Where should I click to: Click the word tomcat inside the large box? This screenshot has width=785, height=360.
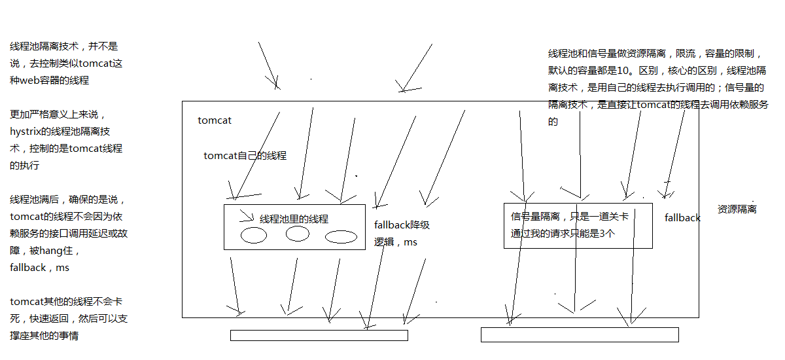coord(215,120)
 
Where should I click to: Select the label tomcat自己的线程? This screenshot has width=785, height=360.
coord(245,156)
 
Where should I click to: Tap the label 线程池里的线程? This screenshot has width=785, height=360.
coord(294,219)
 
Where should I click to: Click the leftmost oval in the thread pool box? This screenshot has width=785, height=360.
coord(253,236)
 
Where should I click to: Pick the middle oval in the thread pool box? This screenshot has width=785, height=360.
coord(298,234)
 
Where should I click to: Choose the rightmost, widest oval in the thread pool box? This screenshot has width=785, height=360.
coord(341,236)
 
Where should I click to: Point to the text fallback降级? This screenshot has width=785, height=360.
coord(402,225)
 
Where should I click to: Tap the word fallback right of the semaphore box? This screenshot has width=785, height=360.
coord(682,218)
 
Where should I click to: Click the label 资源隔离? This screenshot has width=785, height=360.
coord(737,209)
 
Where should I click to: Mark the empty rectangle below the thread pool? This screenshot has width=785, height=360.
coord(319,335)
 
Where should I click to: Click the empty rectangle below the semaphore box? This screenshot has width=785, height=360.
coord(579,334)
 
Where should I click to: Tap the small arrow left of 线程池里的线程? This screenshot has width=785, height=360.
coord(247,215)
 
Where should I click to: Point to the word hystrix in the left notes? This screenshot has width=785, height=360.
coord(25,132)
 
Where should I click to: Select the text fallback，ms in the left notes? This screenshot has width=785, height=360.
coord(39,267)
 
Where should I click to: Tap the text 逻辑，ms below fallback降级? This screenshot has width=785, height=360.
coord(395,242)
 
